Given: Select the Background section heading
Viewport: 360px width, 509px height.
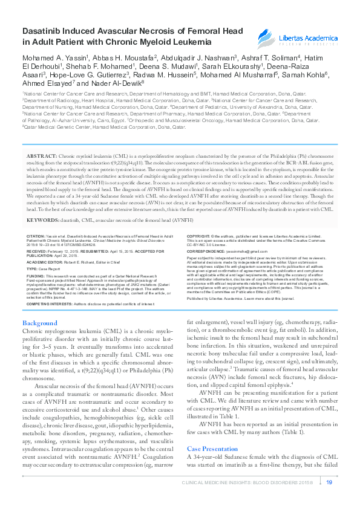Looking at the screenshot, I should pyautogui.click(x=40, y=323).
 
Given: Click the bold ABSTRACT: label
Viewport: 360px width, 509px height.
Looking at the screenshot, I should pyautogui.click(x=39, y=156).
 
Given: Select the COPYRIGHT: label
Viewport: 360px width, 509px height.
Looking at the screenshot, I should pyautogui.click(x=200, y=236).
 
